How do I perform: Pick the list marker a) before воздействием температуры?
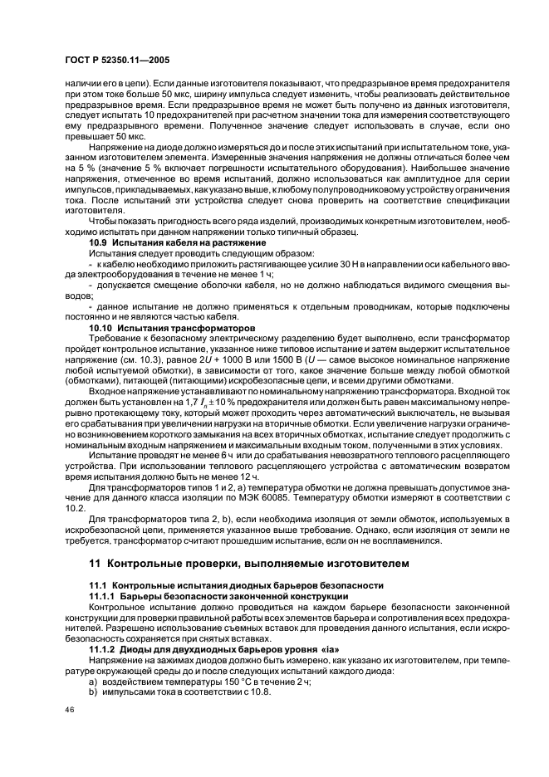point(95,682)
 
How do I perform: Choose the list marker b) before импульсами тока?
point(95,692)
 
